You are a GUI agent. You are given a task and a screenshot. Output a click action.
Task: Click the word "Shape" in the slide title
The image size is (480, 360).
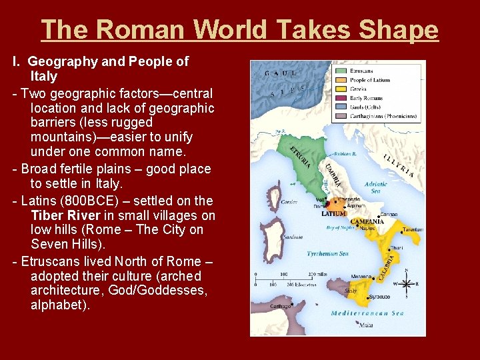tap(399, 30)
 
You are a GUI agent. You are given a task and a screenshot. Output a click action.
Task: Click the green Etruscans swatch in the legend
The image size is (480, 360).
tap(341, 69)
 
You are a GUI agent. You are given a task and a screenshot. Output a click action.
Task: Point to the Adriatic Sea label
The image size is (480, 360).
tap(375, 187)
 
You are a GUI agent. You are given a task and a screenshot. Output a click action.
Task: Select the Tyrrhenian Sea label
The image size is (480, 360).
tap(327, 254)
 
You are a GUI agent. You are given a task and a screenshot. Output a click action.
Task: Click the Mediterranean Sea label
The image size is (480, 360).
tap(368, 313)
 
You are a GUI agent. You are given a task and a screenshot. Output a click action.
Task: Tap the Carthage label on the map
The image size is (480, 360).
tap(281, 306)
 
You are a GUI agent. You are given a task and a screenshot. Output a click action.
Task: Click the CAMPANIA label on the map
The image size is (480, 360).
tap(367, 221)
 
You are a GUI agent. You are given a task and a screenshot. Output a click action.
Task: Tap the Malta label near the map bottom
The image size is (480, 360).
tap(365, 325)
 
